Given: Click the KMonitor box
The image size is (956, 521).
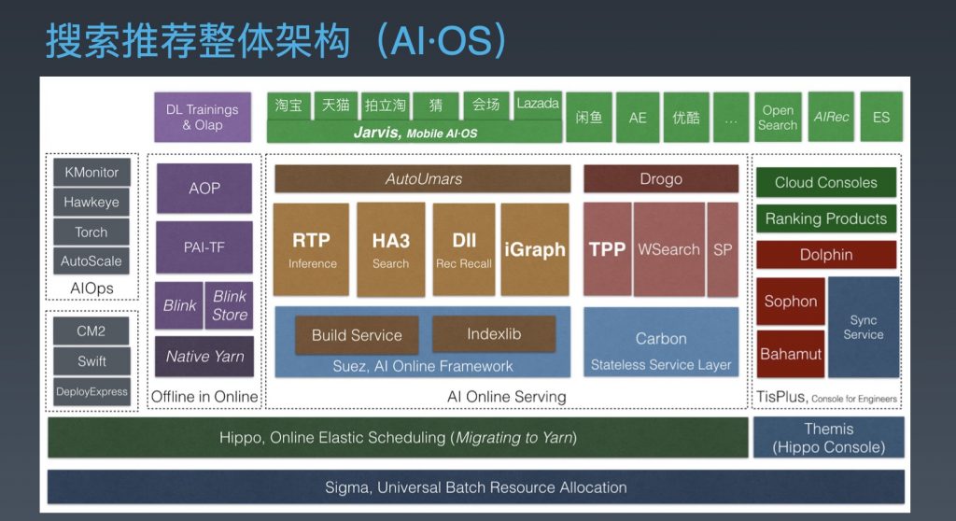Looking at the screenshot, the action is click(91, 172).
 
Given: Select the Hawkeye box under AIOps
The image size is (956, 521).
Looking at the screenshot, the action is click(91, 202).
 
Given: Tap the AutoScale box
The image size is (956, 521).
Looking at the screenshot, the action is click(91, 261).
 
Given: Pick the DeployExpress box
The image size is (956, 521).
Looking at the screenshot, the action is click(91, 391).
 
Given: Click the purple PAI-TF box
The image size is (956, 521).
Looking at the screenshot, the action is click(204, 247).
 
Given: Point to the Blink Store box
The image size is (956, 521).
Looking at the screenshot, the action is click(230, 305).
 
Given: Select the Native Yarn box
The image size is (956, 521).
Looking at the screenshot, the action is click(204, 357).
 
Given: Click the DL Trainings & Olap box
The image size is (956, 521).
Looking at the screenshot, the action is click(203, 117).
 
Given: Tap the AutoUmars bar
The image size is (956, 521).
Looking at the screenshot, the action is click(423, 178).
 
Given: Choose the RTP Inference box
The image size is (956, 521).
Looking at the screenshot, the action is click(312, 249).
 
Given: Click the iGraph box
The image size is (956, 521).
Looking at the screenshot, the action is click(535, 249).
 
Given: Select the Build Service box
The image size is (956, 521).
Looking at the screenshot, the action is click(357, 335).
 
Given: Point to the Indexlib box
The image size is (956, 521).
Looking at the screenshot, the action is click(494, 333).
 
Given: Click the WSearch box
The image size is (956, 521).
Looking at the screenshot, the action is click(668, 249).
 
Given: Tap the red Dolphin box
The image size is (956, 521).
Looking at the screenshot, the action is click(826, 254).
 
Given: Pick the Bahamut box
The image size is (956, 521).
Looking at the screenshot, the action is click(791, 354).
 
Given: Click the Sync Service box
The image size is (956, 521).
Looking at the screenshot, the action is click(864, 327).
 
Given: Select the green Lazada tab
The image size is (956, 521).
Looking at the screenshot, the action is click(538, 104).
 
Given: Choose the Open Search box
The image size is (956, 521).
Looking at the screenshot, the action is click(778, 117).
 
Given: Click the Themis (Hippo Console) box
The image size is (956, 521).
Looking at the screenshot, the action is click(829, 437).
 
